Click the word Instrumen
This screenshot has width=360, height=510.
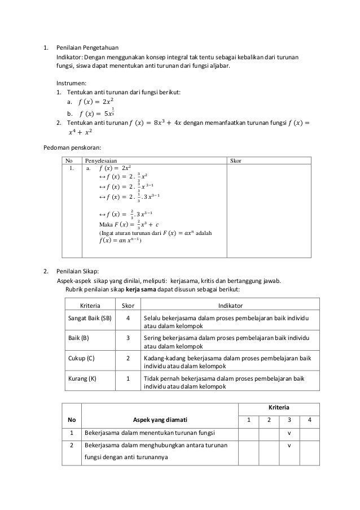pyautogui.click(x=70, y=82)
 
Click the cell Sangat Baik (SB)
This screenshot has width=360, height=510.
pyautogui.click(x=90, y=318)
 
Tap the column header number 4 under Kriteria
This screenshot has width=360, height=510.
pyautogui.click(x=309, y=420)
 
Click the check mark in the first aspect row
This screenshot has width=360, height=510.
pyautogui.click(x=289, y=433)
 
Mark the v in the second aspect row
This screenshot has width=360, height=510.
pyautogui.click(x=289, y=446)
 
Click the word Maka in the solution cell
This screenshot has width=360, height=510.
pyautogui.click(x=106, y=224)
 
